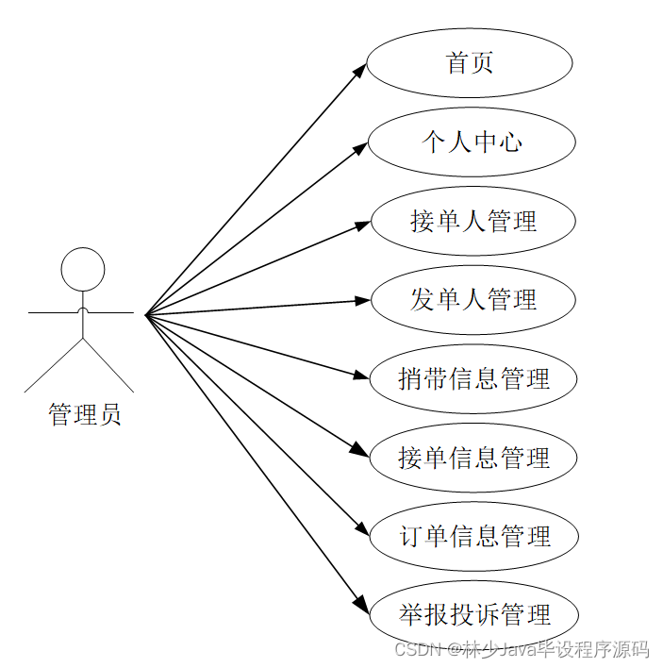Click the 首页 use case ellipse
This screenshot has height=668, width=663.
point(470,63)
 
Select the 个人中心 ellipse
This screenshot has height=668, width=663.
point(472,142)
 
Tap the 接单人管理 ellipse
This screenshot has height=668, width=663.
point(472,222)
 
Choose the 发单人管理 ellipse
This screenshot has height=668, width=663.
point(472,300)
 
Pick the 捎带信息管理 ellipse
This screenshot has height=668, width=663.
point(473,379)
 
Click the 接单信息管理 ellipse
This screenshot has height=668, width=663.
point(473,459)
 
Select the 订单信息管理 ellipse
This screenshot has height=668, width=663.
point(474,537)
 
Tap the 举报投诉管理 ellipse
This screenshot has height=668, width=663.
point(474,615)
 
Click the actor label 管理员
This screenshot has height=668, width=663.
point(84,414)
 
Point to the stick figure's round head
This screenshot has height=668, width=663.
point(83,269)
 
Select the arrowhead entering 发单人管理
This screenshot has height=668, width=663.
point(364,301)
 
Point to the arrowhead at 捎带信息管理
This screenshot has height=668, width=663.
point(361,376)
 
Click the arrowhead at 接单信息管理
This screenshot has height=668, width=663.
point(360,450)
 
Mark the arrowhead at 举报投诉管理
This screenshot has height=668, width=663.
point(358,604)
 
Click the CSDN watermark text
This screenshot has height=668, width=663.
point(522,649)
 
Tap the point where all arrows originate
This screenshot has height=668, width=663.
point(146,314)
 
